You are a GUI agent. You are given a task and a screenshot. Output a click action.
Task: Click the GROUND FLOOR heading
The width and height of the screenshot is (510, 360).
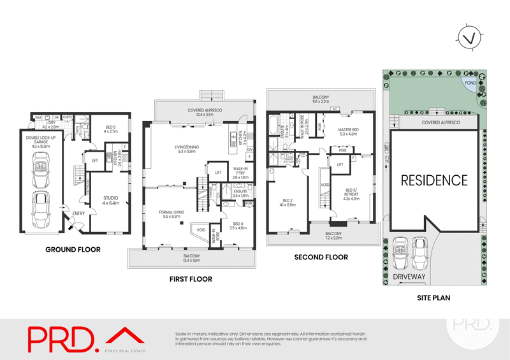pos(72,250)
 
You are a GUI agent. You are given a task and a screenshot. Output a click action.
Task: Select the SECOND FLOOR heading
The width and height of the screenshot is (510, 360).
pos(321,257)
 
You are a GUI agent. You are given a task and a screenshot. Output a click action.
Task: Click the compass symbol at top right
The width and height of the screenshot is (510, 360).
pos(470,38)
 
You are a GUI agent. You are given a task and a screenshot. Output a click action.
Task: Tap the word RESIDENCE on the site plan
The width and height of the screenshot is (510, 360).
pos(433,180)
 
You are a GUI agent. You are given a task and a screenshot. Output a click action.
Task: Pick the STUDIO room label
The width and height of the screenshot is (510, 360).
pos(111,199)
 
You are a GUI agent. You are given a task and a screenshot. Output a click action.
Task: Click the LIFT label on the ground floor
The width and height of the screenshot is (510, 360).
pos(95,161)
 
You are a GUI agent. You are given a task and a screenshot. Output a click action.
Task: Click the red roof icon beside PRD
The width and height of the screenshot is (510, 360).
pos(125,336)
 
